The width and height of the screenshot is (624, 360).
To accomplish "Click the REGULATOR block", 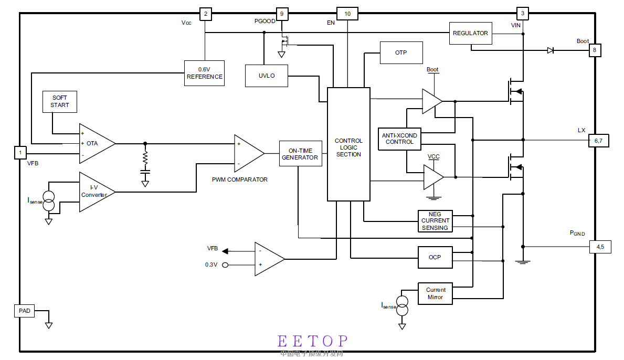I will click(470, 33).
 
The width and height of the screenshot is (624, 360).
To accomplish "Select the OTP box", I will click(401, 52).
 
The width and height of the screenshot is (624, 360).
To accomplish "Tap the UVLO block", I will click(266, 76).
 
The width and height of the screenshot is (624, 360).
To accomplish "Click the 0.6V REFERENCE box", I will click(204, 73).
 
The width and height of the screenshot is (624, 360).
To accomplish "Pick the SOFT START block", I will click(59, 101).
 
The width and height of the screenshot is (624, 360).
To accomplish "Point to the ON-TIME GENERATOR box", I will click(300, 154).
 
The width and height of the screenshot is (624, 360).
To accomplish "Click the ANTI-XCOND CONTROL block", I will click(399, 139).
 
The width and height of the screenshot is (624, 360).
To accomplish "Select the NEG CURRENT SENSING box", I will click(435, 221).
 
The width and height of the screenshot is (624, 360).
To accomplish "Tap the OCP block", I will click(435, 257).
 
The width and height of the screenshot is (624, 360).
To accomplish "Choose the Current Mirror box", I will click(435, 293).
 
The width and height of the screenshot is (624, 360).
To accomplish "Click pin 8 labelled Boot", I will click(595, 50).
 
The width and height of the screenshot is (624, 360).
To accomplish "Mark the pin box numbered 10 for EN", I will click(347, 14).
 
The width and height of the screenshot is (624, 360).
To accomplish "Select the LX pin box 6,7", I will click(598, 141).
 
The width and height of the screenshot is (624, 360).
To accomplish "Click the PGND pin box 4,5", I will click(600, 247).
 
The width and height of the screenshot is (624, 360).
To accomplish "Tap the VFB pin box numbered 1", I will click(20, 153).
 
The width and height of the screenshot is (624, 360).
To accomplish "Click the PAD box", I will click(25, 311).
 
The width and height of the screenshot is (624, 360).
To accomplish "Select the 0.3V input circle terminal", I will click(225, 265).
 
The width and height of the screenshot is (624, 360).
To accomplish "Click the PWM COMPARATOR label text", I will click(239, 179).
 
